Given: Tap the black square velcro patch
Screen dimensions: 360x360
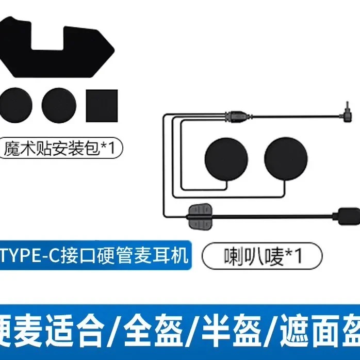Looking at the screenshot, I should (102, 105).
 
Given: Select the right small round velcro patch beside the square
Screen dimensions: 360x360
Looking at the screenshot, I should (59, 106).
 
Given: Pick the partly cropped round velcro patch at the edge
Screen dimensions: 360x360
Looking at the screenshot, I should (15, 106).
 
